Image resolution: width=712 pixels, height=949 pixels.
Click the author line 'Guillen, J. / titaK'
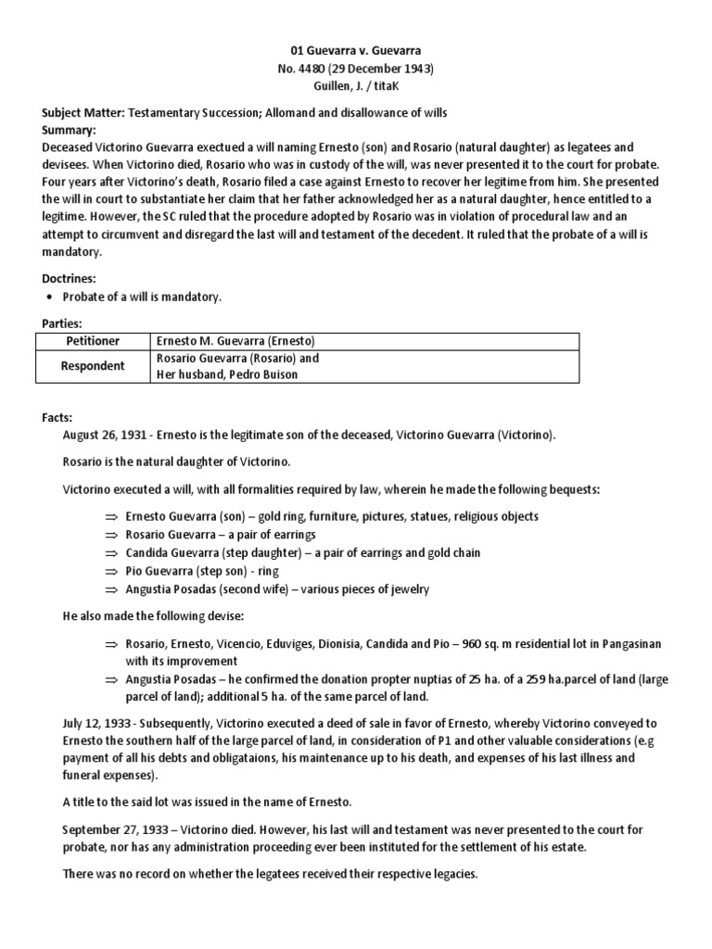point(355,84)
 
